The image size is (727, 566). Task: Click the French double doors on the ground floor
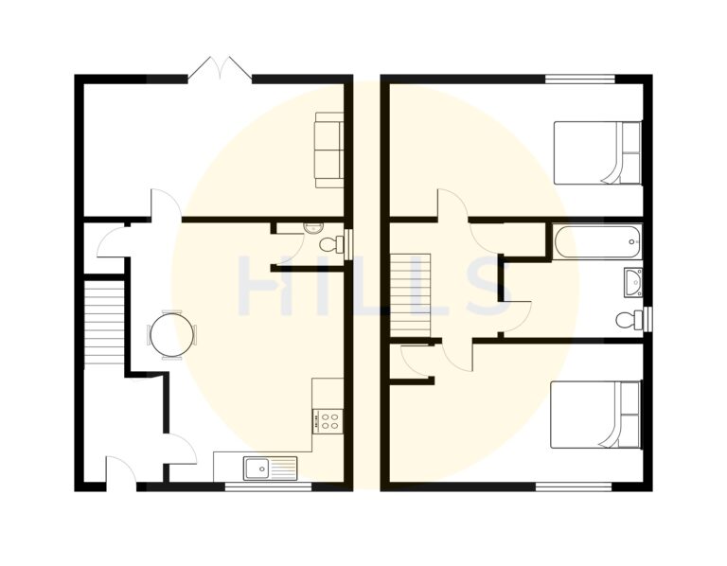pyautogui.click(x=220, y=69)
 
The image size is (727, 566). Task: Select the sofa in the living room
pyautogui.click(x=328, y=149)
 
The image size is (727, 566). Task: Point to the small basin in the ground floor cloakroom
pyautogui.click(x=313, y=227)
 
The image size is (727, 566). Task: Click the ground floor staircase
pyautogui.click(x=104, y=322)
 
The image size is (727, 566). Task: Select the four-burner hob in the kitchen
pyautogui.click(x=329, y=420)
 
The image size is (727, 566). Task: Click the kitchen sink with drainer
pyautogui.click(x=270, y=467)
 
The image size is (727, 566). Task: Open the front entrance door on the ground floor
pyautogui.click(x=120, y=472)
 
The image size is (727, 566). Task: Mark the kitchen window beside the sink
pyautogui.click(x=268, y=486)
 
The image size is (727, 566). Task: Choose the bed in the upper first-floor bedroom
pyautogui.click(x=596, y=152)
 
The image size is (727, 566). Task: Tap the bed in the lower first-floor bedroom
pyautogui.click(x=595, y=415)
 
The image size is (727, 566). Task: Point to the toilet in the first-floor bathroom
pyautogui.click(x=629, y=319)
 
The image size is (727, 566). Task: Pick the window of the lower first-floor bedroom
pyautogui.click(x=574, y=486)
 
